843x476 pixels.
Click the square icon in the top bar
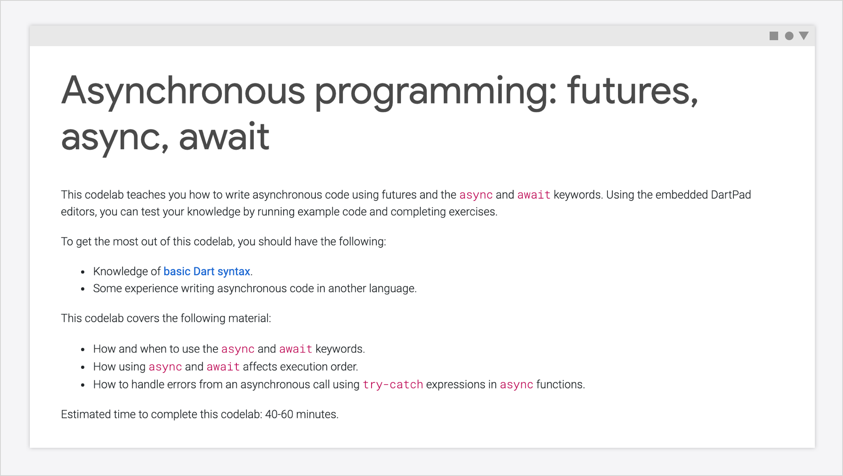tap(773, 36)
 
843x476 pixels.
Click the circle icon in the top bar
tap(789, 36)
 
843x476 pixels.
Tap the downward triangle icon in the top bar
tap(804, 35)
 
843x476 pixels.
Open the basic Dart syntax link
tap(206, 271)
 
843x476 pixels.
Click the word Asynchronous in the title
tap(183, 91)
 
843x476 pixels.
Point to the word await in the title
tap(224, 137)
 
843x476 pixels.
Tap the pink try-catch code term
tap(392, 385)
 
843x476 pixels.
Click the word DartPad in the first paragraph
tap(730, 195)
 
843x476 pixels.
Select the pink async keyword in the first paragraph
tap(476, 195)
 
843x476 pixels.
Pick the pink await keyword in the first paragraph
tap(533, 195)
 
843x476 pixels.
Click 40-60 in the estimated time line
tap(279, 414)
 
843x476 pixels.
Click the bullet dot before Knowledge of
tap(83, 272)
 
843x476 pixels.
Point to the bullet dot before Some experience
tap(83, 289)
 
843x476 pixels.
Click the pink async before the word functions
tap(516, 385)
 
